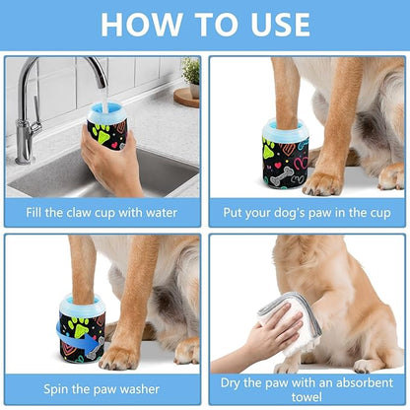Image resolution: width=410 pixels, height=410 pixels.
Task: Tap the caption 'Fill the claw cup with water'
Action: pyautogui.click(x=102, y=211)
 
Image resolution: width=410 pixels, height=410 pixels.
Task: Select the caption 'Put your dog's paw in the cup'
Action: pyautogui.click(x=307, y=211)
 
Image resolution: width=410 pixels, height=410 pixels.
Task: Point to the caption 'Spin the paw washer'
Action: pyautogui.click(x=102, y=389)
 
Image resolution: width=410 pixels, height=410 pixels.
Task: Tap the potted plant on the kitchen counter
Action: pyautogui.click(x=189, y=74)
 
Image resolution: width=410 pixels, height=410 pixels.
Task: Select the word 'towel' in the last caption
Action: pyautogui.click(x=307, y=396)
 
